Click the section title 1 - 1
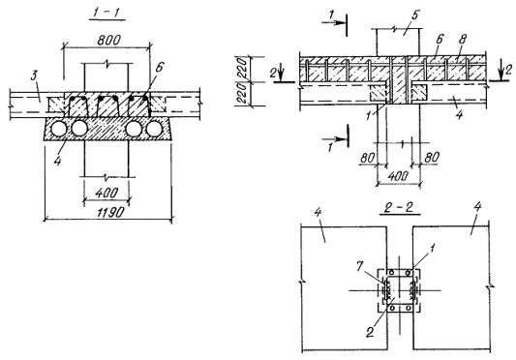pyautogui.click(x=107, y=13)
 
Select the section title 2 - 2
pyautogui.click(x=400, y=207)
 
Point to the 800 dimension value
pyautogui.click(x=109, y=40)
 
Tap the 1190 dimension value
pyautogui.click(x=110, y=212)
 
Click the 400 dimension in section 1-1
pyautogui.click(x=106, y=193)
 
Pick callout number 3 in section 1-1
pyautogui.click(x=34, y=77)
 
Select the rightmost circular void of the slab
pyautogui.click(x=154, y=129)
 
